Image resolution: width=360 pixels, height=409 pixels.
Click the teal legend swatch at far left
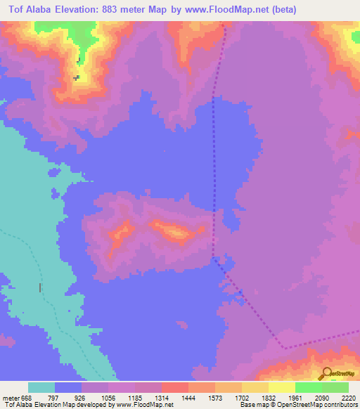click(41, 387)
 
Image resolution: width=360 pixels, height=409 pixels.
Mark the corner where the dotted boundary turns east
click(285, 347)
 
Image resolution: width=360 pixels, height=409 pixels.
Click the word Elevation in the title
click(79, 10)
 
